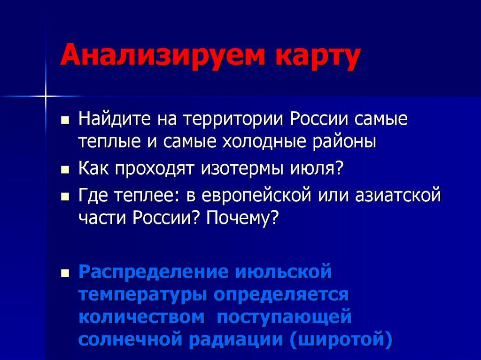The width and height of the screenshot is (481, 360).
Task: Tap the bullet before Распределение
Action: click(65, 273)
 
